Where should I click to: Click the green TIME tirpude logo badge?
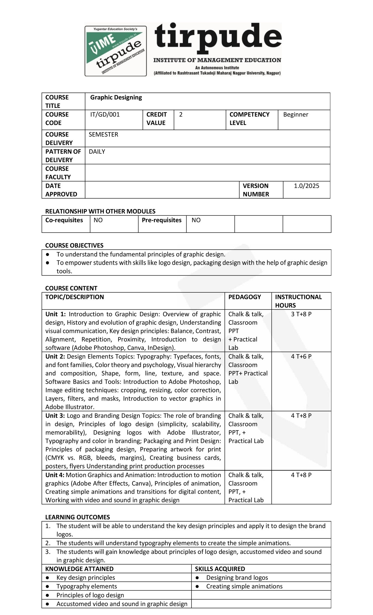coord(116,51)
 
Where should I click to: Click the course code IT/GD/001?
coord(105,114)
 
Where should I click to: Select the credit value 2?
coord(181,114)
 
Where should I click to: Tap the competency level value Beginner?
coord(295,114)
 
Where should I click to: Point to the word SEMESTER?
coord(103,134)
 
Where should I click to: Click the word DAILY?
coord(97,151)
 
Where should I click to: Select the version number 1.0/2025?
coord(306,186)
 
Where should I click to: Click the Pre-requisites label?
coord(161,220)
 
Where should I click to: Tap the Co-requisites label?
coord(64,220)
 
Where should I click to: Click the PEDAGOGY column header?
coord(244,297)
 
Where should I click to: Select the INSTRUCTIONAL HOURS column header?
coord(298,301)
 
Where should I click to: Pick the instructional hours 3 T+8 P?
coord(301,314)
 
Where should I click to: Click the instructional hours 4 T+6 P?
coord(301,356)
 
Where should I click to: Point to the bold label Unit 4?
coord(55,475)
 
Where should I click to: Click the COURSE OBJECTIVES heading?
coord(74,245)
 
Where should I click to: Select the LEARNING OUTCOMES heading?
coord(78,517)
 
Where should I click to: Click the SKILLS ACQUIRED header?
coord(220,569)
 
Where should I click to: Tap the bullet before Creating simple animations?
coord(197,586)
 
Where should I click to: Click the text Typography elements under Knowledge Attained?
coord(87,586)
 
